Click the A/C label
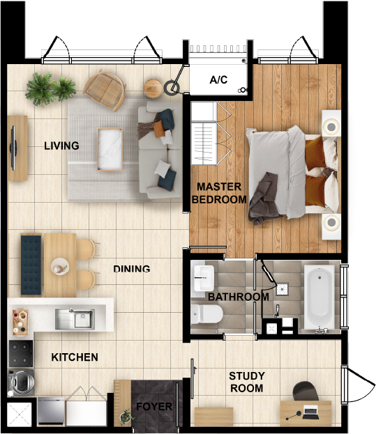(x=218, y=79)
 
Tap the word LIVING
(x=61, y=146)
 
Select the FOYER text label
(x=154, y=406)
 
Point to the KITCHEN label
(x=75, y=357)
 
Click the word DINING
(x=132, y=269)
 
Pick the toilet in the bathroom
(x=206, y=314)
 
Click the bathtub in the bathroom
(x=319, y=297)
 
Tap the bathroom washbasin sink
(x=204, y=278)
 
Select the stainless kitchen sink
(x=75, y=319)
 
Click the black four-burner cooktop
(x=21, y=354)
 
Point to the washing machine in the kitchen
(x=21, y=382)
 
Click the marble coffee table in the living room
(x=110, y=149)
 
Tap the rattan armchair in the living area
(x=105, y=90)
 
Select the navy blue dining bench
(x=31, y=265)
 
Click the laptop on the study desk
(x=310, y=412)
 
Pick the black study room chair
(x=306, y=391)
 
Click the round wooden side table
(x=153, y=88)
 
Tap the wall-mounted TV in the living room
(x=13, y=148)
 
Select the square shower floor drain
(x=283, y=290)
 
